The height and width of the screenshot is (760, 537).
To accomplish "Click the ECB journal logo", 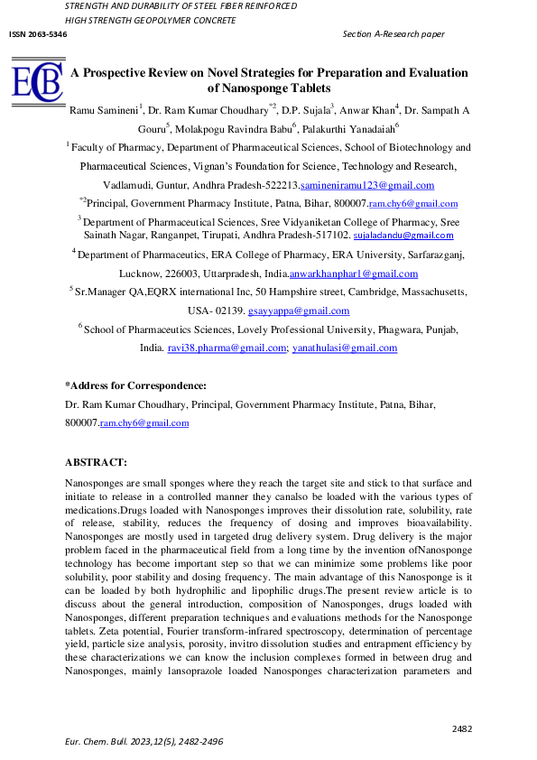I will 37,81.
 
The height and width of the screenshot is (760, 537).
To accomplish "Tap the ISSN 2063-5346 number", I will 37,33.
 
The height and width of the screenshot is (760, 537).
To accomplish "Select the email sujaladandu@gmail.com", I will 410,235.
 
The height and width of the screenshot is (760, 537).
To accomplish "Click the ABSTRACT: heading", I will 96,462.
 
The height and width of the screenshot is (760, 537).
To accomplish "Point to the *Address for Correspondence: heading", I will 136,385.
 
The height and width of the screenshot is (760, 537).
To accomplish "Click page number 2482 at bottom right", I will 462,728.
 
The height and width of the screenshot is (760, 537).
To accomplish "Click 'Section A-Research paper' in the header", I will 394,33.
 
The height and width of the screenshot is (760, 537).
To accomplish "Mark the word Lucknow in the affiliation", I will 142,273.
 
